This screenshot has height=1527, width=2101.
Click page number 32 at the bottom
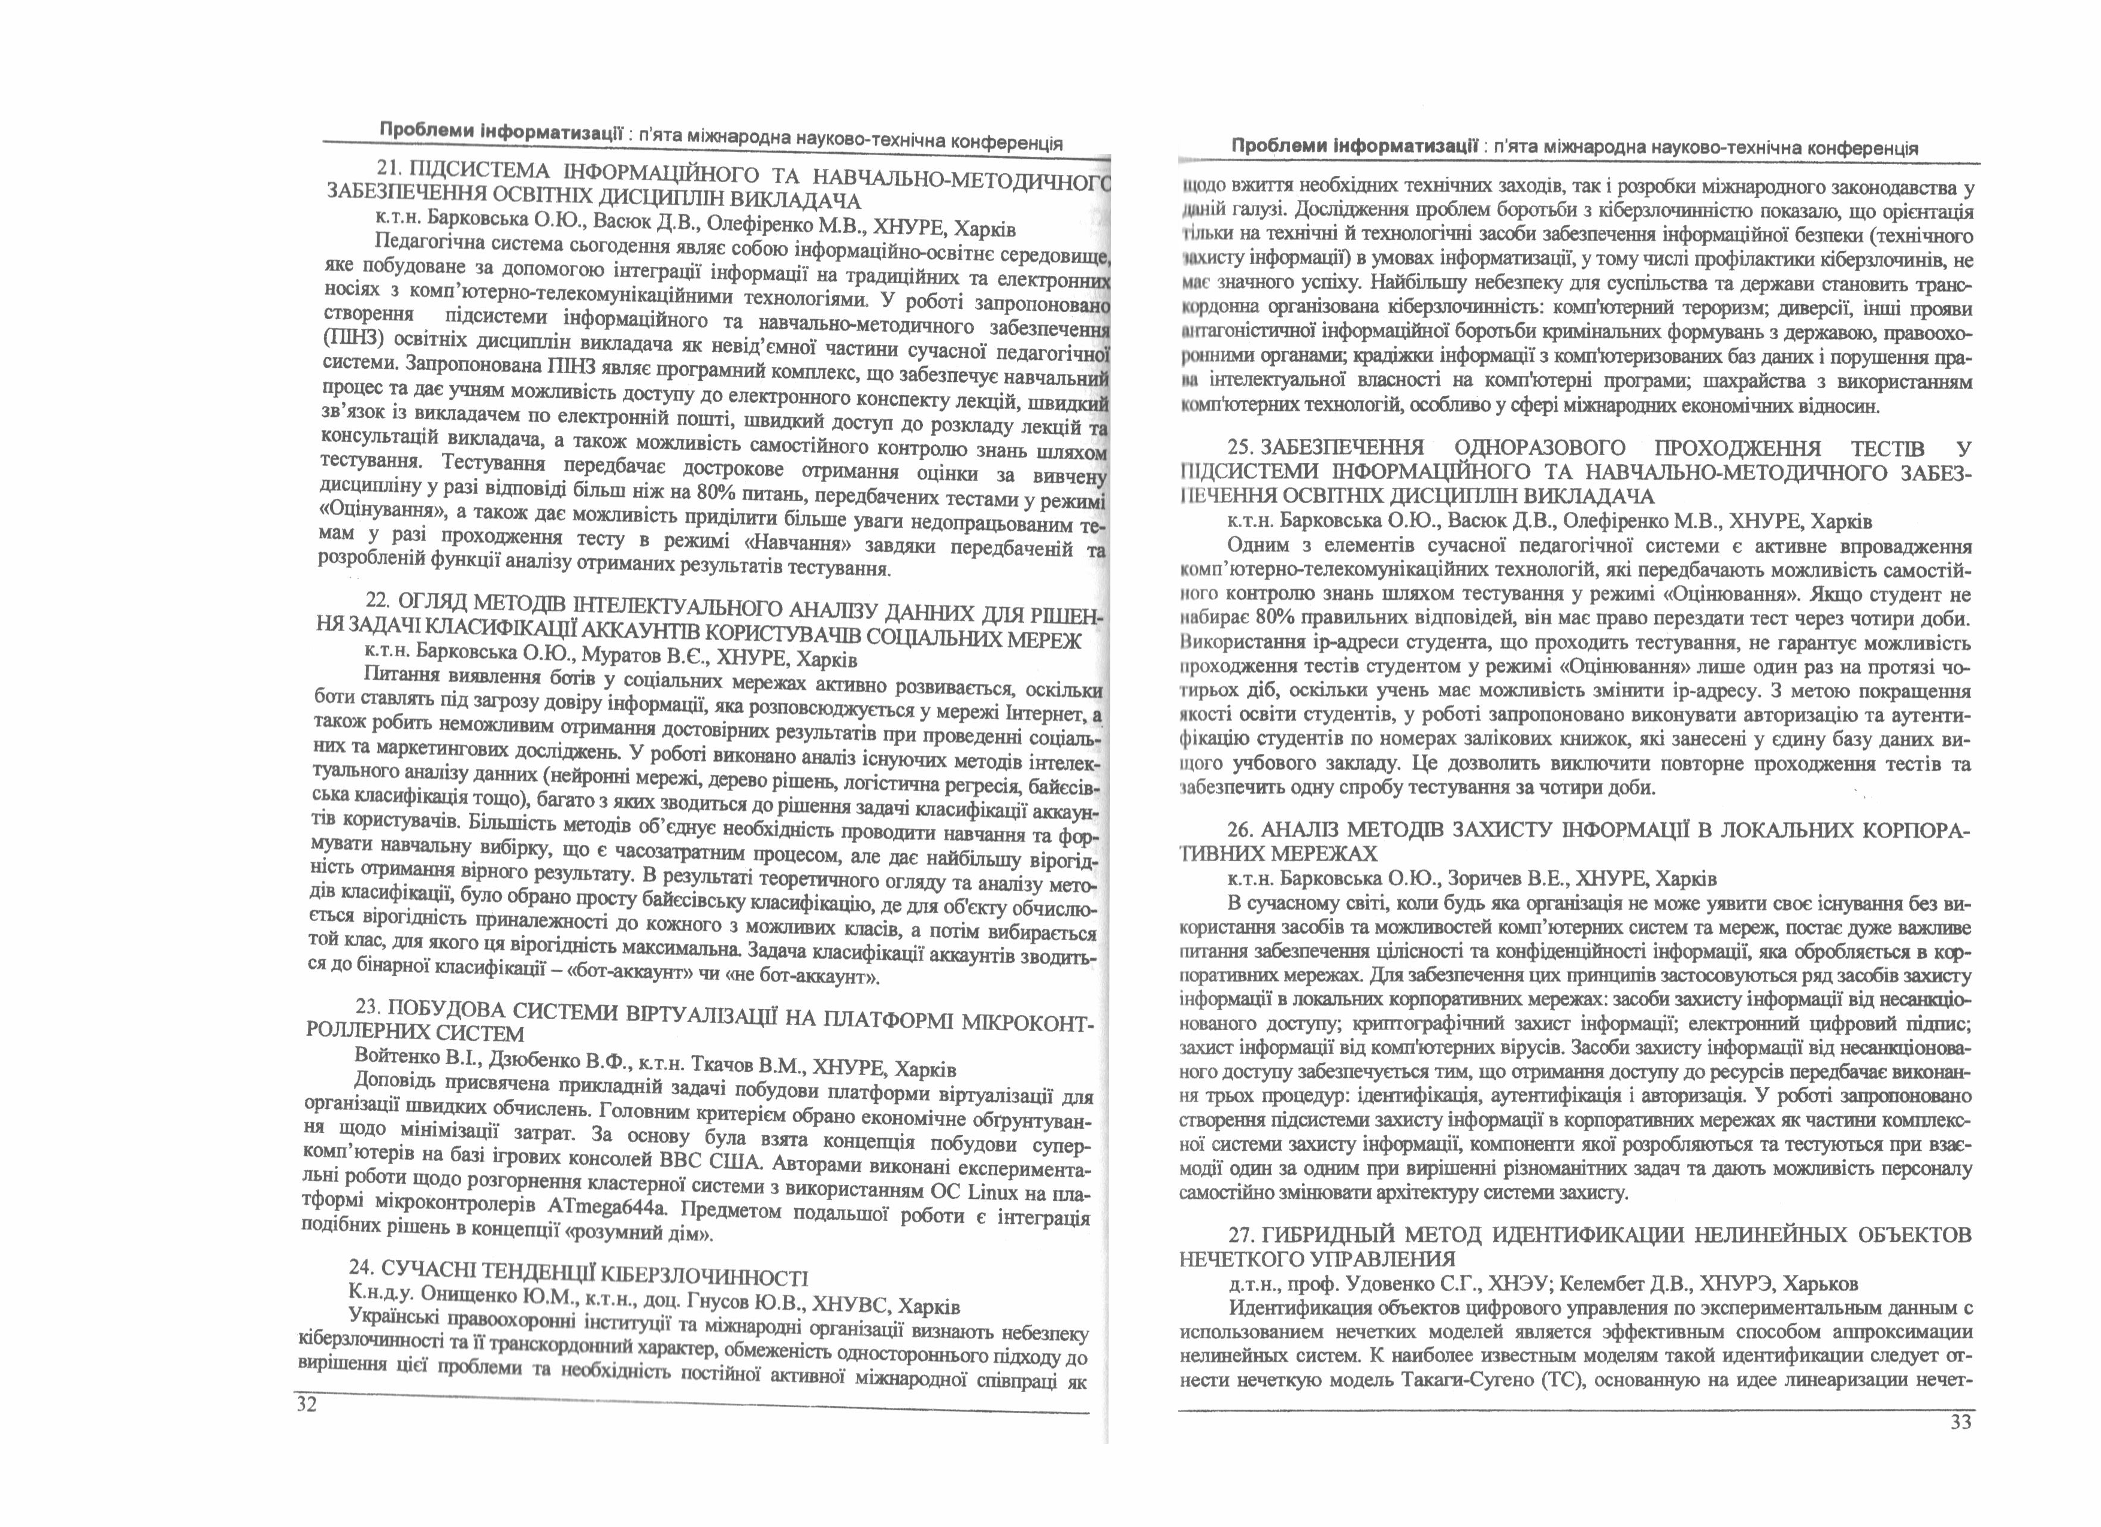pos(307,1405)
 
